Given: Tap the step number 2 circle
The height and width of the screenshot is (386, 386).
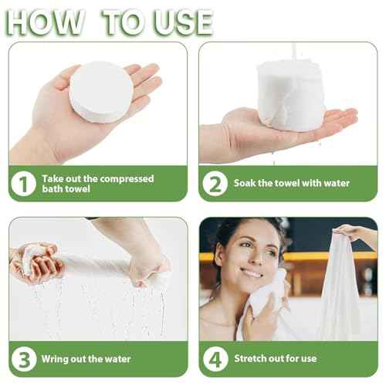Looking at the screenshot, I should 214,184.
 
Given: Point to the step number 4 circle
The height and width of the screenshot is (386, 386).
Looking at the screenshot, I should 214,359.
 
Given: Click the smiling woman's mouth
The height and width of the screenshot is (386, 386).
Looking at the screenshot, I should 252,273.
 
